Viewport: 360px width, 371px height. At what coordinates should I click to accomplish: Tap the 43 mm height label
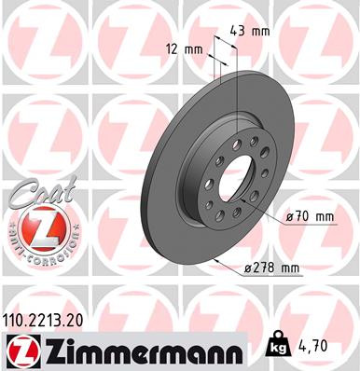pyautogui.click(x=250, y=31)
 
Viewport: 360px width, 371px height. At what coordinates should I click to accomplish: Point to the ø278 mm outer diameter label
pyautogui.click(x=270, y=268)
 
